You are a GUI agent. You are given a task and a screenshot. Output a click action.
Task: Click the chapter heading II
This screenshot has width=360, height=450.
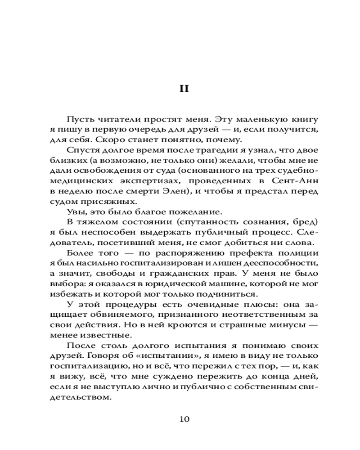(184, 89)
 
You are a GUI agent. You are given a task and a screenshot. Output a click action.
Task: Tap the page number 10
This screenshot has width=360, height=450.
(184, 419)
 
